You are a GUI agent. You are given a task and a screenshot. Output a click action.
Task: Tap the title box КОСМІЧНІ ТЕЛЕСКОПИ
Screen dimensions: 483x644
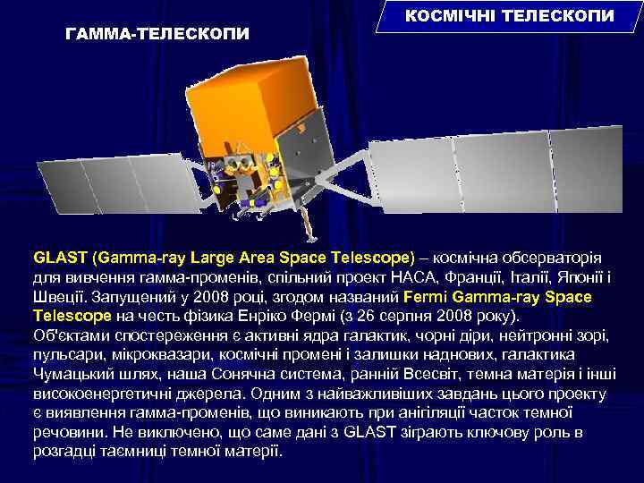[510, 17]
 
